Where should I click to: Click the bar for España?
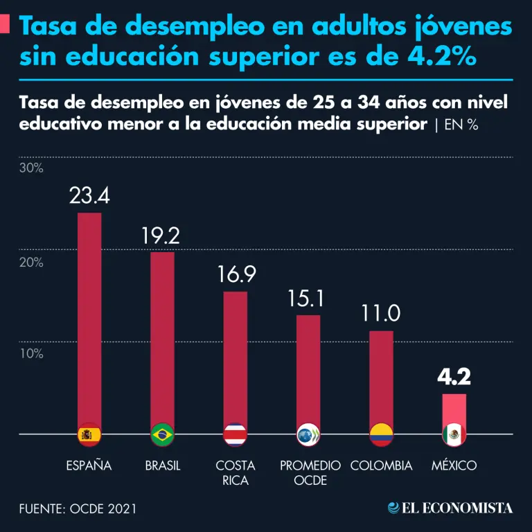tap(89, 312)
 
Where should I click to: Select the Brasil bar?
tap(162, 332)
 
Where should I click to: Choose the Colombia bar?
tap(381, 374)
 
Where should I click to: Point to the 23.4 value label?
tap(89, 195)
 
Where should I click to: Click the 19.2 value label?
tap(161, 236)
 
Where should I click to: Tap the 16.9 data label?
tap(236, 275)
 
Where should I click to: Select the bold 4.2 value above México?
tap(454, 378)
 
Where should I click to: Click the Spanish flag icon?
tap(89, 434)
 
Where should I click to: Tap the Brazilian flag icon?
tap(162, 434)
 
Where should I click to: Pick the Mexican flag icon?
tap(454, 434)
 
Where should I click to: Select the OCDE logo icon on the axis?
tap(308, 434)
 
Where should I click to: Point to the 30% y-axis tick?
tap(31, 168)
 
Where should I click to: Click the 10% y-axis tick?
tap(31, 353)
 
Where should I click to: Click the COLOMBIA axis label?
tap(381, 465)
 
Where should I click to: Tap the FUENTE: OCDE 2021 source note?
tap(78, 508)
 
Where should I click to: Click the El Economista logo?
tap(450, 508)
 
